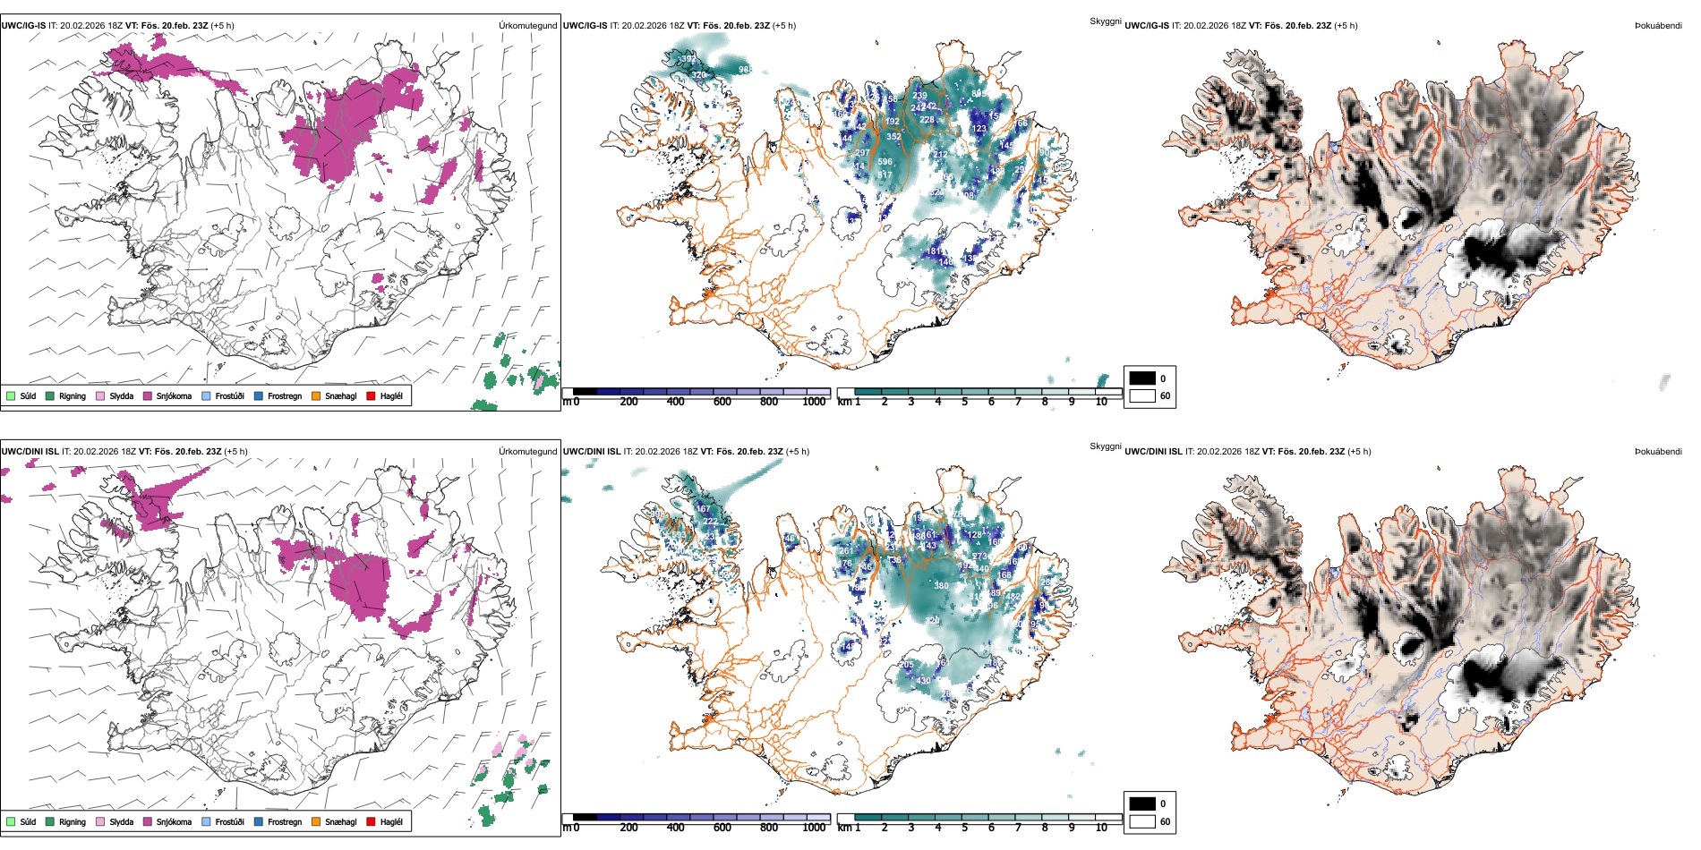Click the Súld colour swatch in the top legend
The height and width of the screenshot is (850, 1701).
(11, 395)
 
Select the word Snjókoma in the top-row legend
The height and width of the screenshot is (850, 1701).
(174, 395)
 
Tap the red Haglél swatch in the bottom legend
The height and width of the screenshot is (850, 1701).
(371, 821)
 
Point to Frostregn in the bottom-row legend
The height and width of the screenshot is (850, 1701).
(284, 821)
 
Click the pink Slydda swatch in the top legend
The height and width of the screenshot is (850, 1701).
(100, 395)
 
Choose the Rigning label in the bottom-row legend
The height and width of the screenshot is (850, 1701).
(73, 821)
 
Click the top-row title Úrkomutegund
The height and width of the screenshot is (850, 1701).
(527, 26)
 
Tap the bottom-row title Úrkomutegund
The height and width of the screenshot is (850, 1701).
(527, 452)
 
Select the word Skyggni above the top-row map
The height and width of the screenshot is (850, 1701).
(1105, 21)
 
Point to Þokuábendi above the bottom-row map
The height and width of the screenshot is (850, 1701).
(1658, 452)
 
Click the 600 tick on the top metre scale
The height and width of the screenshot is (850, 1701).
(722, 402)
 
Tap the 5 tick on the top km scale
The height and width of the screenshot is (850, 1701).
(964, 402)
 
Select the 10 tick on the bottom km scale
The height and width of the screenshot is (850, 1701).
(1101, 828)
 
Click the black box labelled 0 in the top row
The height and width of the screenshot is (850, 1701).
(1142, 378)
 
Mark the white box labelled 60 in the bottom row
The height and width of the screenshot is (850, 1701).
(1142, 821)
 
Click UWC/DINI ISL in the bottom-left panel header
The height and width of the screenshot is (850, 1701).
(30, 452)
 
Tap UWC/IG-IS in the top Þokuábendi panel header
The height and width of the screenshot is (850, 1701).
(1147, 26)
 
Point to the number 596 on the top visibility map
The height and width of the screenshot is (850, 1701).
(885, 162)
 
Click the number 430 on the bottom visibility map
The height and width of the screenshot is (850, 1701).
(924, 681)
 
